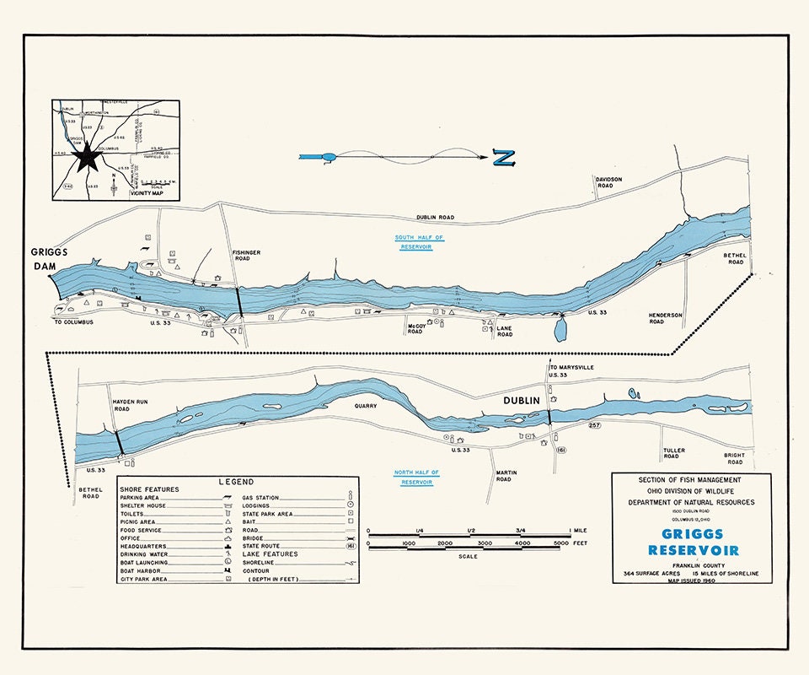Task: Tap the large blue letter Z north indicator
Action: point(504,157)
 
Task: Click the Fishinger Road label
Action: point(248,255)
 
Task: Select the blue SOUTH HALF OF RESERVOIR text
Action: point(419,242)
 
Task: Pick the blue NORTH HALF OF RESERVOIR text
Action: point(418,478)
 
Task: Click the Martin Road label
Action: point(503,475)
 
